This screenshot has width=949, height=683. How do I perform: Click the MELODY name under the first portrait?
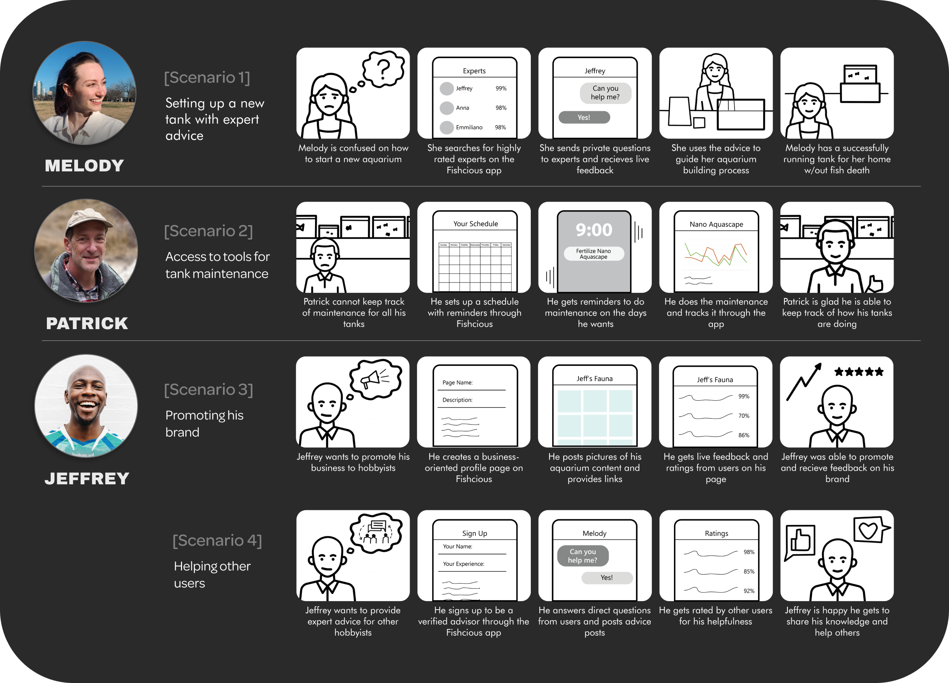tap(84, 165)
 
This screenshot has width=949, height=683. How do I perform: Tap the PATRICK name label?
tap(87, 323)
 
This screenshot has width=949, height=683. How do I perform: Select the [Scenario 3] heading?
tap(208, 390)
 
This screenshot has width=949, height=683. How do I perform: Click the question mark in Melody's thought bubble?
tap(383, 68)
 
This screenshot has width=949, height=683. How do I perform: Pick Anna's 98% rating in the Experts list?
tap(501, 108)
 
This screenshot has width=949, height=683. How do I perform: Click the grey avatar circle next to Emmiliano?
tap(446, 127)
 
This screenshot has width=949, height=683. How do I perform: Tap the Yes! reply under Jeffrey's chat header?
tap(584, 117)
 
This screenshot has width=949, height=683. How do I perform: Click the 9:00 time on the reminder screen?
tap(594, 230)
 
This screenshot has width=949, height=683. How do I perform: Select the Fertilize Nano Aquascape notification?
tap(593, 254)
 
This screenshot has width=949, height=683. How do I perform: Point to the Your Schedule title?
tap(475, 224)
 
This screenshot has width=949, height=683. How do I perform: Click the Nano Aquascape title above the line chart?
tap(716, 224)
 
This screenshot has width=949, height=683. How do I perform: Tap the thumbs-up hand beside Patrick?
tap(875, 284)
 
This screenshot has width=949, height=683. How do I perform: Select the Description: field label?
tap(457, 400)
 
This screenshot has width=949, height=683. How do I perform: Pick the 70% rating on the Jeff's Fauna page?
tap(744, 416)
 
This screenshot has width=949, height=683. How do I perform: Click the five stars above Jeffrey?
tap(859, 372)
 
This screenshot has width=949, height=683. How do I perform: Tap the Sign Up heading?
tap(474, 533)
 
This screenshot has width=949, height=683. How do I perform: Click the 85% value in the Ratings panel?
tap(749, 571)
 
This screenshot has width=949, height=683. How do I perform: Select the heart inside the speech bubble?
tap(868, 530)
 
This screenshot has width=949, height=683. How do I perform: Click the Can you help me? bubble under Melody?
tap(583, 556)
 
